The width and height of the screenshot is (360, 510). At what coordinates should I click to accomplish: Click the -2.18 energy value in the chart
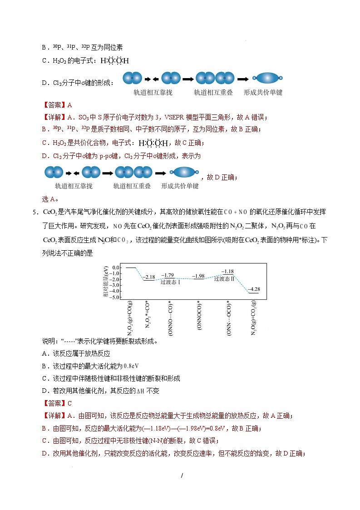point(149,277)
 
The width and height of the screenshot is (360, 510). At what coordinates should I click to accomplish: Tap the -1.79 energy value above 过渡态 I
point(168,275)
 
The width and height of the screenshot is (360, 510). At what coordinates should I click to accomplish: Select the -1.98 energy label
point(198,276)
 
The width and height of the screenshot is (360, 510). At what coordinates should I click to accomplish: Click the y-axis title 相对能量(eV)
point(105,282)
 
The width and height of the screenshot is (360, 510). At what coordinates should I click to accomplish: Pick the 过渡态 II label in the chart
point(225,278)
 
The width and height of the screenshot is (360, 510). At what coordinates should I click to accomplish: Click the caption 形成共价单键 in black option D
point(263,92)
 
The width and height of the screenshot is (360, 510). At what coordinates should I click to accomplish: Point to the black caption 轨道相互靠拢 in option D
point(153,92)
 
